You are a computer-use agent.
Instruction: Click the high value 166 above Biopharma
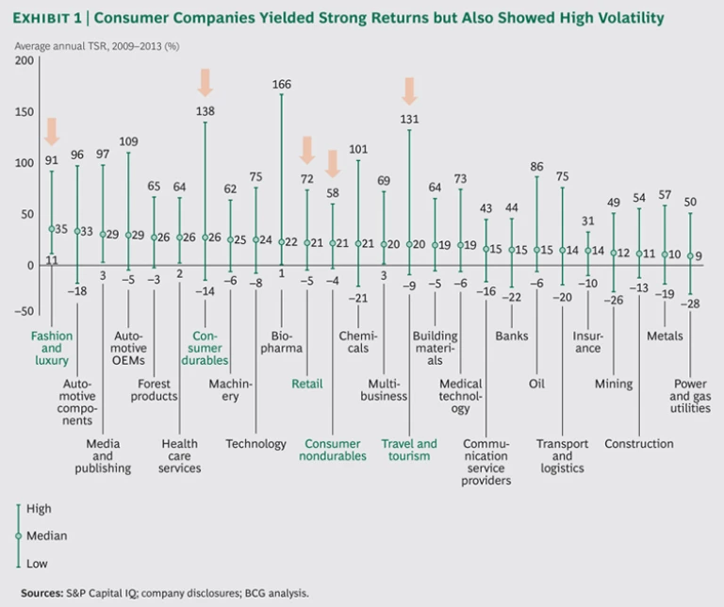(281, 84)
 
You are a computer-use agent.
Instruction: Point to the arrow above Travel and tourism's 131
(409, 90)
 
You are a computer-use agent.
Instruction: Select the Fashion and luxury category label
(51, 342)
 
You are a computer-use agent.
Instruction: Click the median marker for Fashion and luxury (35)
(52, 228)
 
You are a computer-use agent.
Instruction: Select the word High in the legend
(40, 509)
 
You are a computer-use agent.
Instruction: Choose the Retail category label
(307, 384)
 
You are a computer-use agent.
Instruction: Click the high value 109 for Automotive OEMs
(128, 142)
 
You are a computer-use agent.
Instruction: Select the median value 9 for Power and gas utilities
(699, 255)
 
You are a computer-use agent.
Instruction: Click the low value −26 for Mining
(614, 300)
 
